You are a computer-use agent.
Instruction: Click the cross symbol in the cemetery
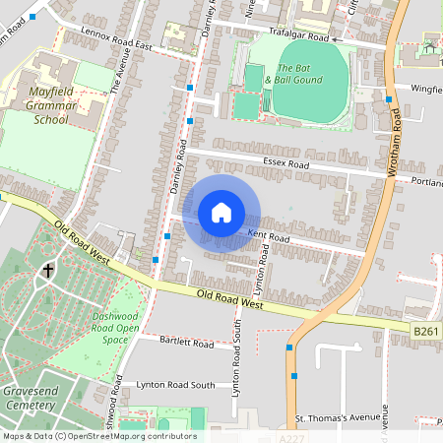pyautogui.click(x=47, y=270)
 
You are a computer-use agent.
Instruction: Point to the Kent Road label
pyautogui.click(x=268, y=236)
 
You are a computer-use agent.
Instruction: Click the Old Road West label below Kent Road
pyautogui.click(x=228, y=299)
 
